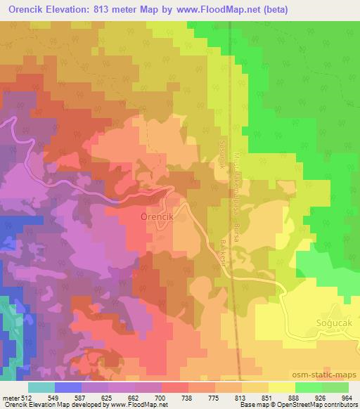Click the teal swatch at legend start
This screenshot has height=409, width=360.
(x=41, y=387)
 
